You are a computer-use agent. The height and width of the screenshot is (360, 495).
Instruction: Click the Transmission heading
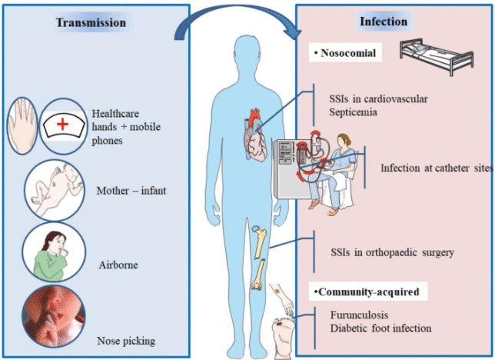[x=91, y=23]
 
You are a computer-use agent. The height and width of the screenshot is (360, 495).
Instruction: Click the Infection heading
[x=384, y=22]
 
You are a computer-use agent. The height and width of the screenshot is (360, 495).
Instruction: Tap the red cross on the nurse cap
[x=62, y=124]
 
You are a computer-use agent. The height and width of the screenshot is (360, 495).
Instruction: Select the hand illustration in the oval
[x=22, y=126]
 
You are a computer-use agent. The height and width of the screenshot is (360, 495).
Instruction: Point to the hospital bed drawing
[x=437, y=56]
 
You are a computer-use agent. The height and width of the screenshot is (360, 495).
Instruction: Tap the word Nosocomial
[x=348, y=53]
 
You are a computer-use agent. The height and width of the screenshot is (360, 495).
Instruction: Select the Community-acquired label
[x=369, y=292]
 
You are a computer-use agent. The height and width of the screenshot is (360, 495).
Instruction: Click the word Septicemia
[x=353, y=112]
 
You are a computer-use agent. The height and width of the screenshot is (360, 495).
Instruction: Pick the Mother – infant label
[x=131, y=191]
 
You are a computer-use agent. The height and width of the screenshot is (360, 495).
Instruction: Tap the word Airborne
[x=118, y=265]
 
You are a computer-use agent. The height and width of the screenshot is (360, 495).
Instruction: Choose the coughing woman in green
[x=54, y=255]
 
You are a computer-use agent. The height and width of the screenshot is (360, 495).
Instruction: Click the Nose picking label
[x=126, y=341]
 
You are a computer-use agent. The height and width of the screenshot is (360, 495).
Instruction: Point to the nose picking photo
[x=54, y=316]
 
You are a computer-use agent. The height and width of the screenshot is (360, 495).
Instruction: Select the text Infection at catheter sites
[x=437, y=168]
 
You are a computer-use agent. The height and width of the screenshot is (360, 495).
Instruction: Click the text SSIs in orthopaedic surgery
[x=393, y=252]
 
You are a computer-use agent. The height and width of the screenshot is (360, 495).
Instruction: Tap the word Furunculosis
[x=359, y=315]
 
